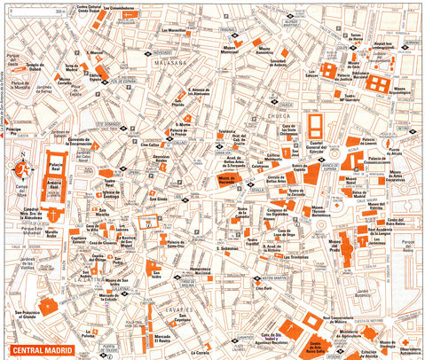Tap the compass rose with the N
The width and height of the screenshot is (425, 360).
(x=20, y=162)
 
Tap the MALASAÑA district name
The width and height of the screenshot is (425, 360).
(x=169, y=65)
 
